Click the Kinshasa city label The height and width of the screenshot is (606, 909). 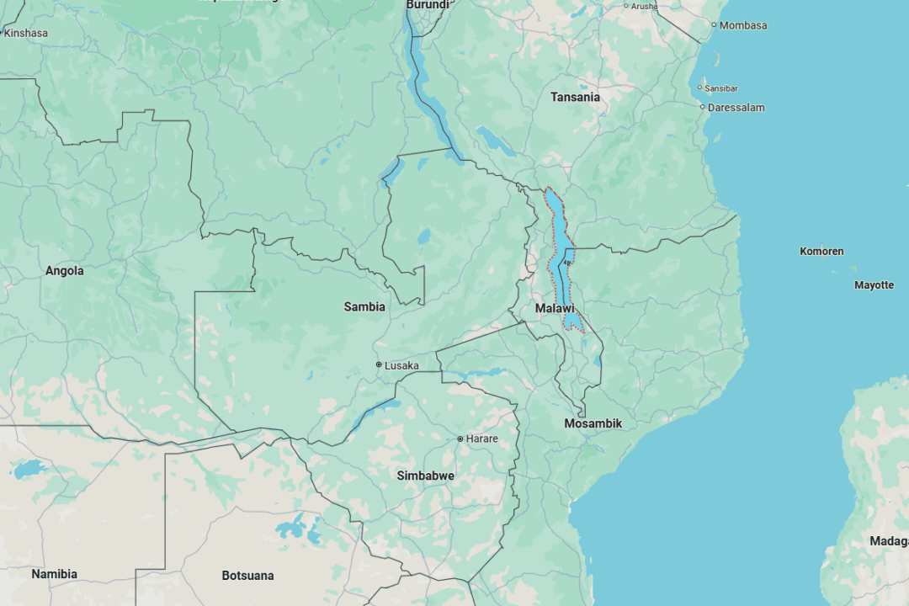tap(26, 33)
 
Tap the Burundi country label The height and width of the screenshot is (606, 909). tap(428, 5)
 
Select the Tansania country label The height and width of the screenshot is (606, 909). tap(575, 97)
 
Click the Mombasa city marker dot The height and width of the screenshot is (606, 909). tap(714, 25)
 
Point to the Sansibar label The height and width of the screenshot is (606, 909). tap(721, 88)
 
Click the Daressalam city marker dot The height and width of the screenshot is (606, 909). tap(703, 107)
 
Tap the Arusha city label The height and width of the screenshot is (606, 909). tap(644, 6)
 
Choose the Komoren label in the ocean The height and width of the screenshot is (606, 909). tap(821, 251)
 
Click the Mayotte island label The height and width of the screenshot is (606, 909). tap(874, 285)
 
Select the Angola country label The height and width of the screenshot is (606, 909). tap(65, 271)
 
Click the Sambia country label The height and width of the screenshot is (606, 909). tap(364, 306)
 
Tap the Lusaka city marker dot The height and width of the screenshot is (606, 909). tap(379, 364)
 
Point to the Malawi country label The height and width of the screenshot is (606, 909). tap(555, 309)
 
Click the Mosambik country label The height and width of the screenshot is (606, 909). tap(593, 423)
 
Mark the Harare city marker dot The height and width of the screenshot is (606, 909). tap(460, 439)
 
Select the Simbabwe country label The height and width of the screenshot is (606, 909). tap(425, 476)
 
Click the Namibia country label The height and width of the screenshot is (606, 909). tap(54, 574)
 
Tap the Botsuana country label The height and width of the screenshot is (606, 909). tap(247, 576)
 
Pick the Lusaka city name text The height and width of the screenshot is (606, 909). tap(401, 365)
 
